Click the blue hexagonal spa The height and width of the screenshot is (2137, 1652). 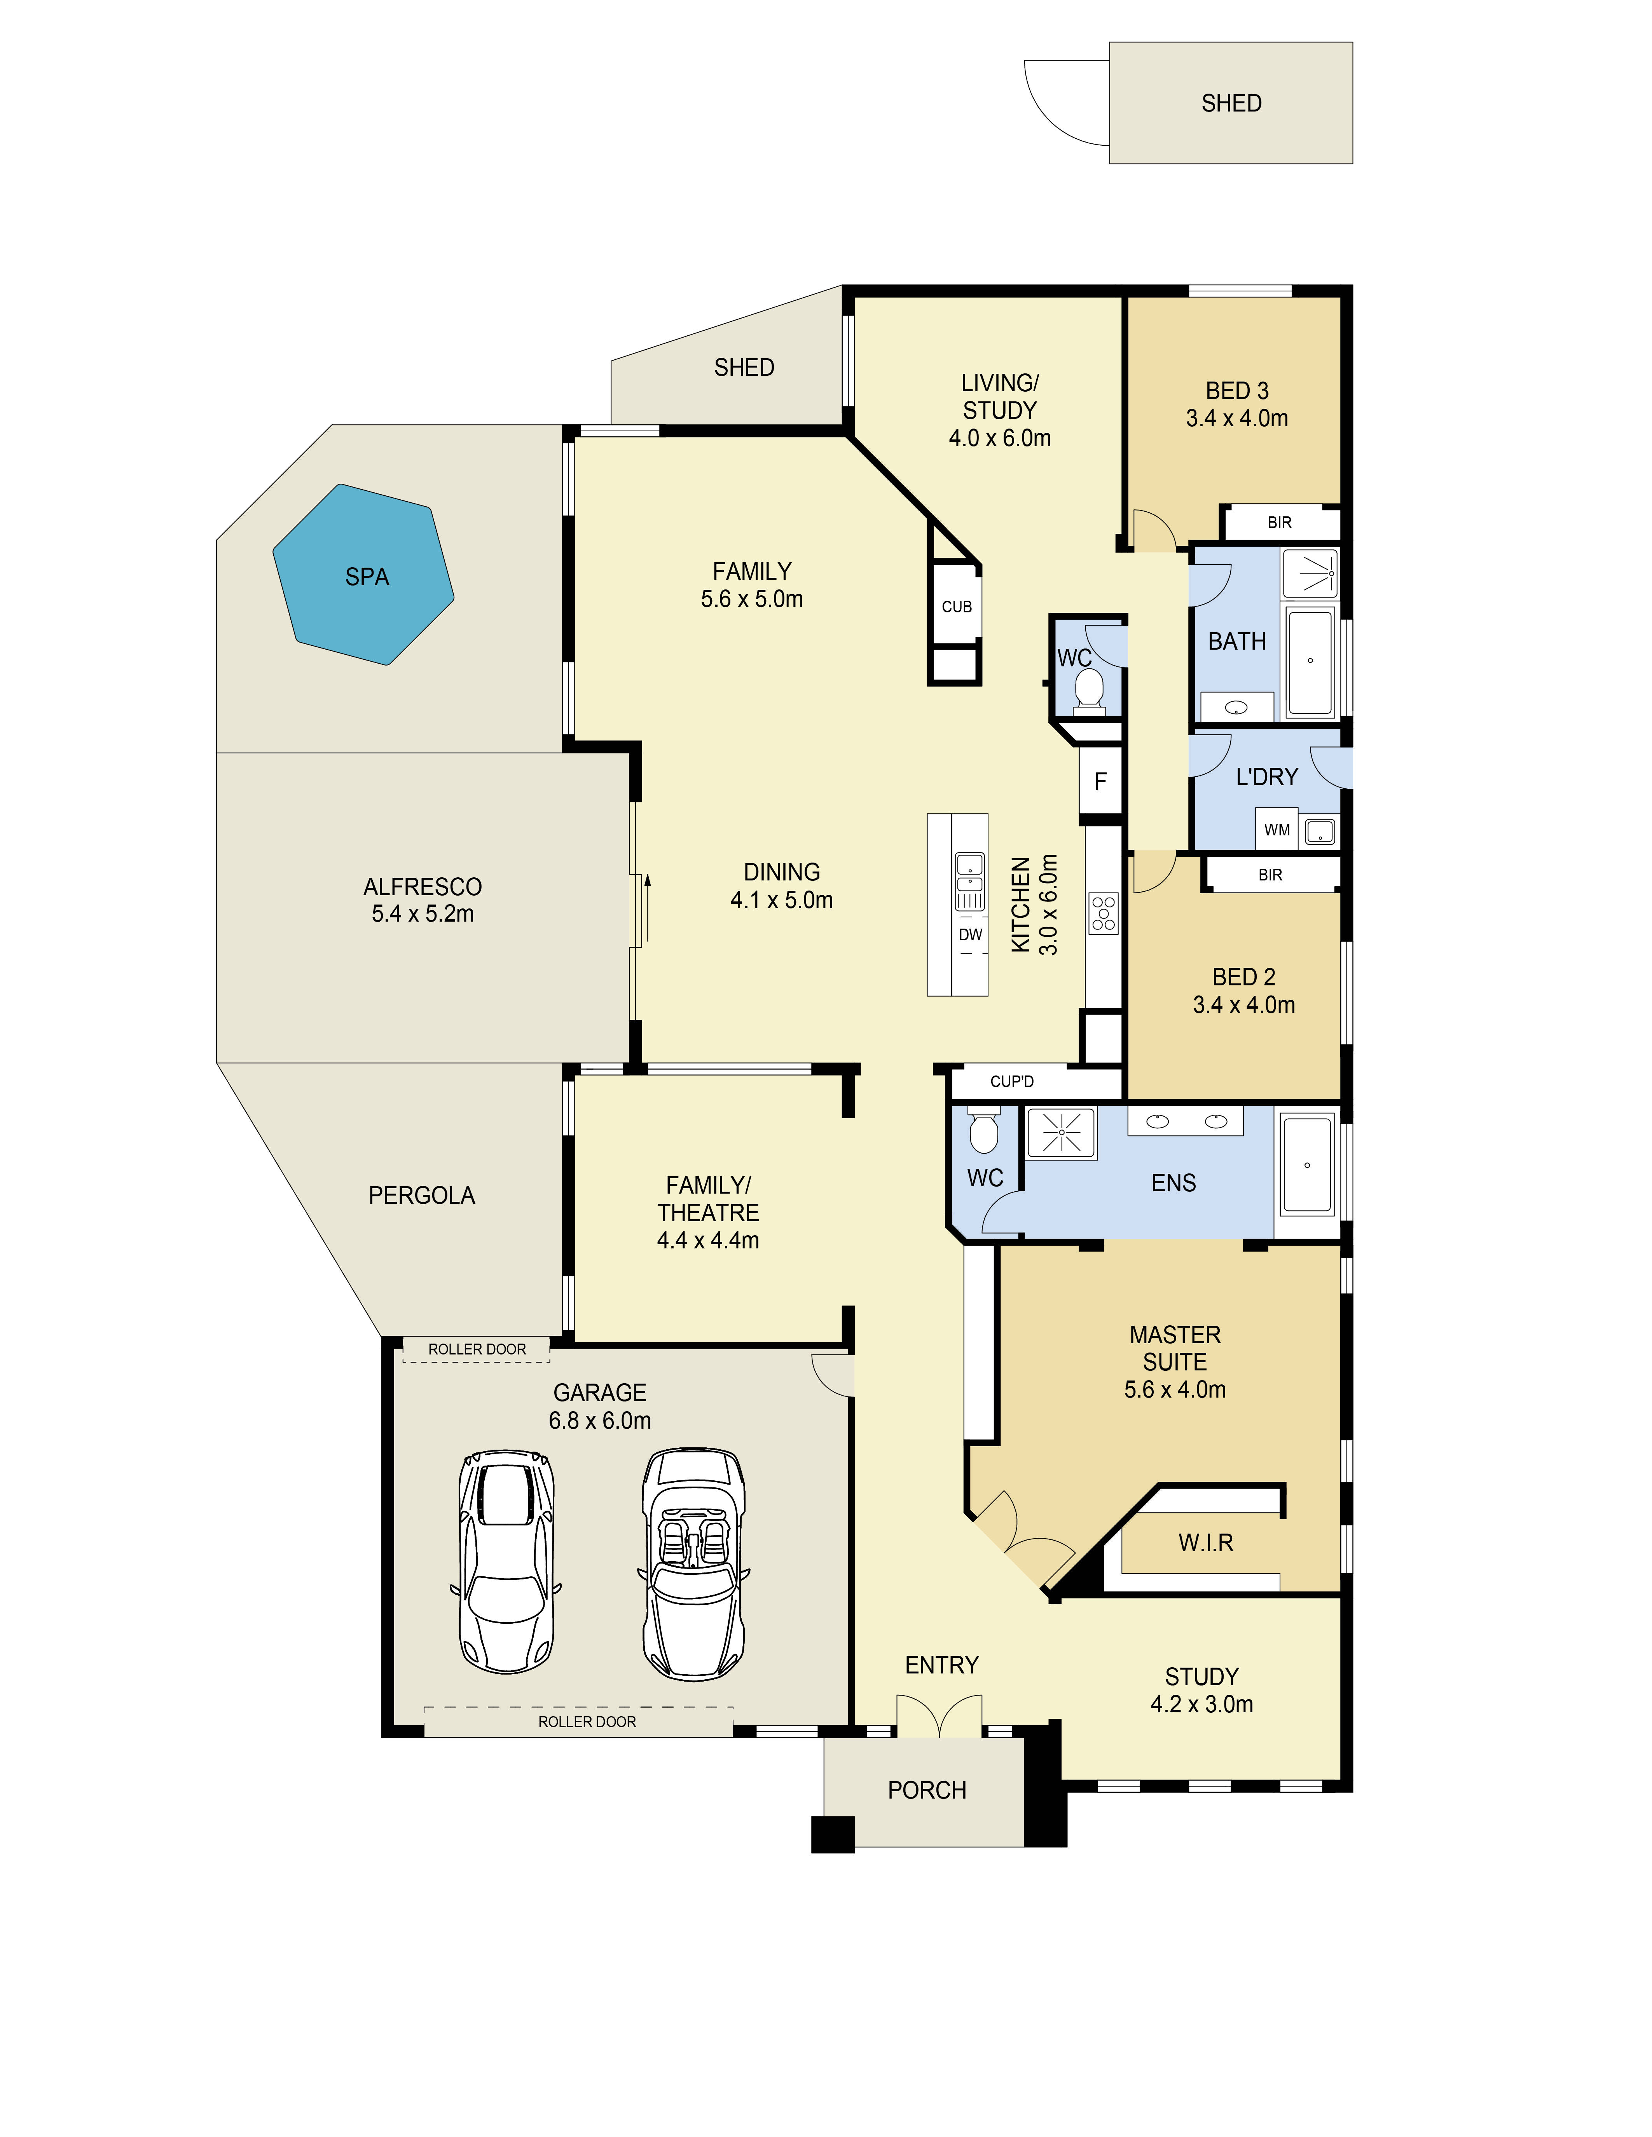363,574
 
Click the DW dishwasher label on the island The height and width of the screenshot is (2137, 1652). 970,934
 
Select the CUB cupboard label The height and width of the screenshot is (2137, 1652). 956,607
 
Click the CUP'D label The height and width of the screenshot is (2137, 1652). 1012,1081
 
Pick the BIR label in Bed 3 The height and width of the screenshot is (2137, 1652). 1279,523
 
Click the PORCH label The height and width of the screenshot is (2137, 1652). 927,1790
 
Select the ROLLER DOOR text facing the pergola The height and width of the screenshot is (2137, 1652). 477,1349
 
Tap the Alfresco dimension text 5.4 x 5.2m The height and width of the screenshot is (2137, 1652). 423,914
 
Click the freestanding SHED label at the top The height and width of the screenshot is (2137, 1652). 1231,103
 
